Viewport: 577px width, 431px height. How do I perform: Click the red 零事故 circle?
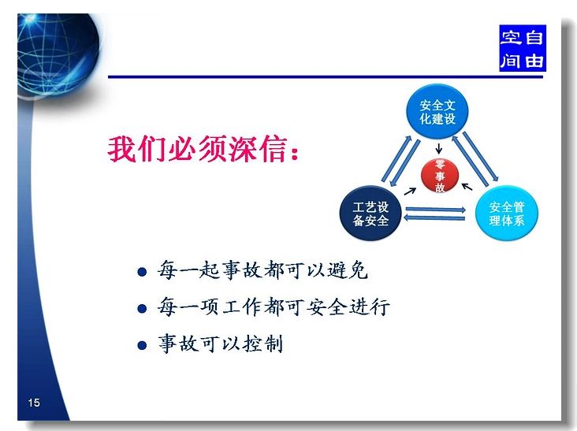tap(440, 176)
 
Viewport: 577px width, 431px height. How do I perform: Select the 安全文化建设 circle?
tap(437, 112)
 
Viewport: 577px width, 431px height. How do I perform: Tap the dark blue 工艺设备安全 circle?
tap(370, 214)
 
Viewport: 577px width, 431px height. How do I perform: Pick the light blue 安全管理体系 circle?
tap(507, 214)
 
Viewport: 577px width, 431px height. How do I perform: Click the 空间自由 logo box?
tap(522, 48)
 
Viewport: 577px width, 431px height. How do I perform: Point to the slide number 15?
tap(34, 403)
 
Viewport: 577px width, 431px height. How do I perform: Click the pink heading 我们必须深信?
tap(203, 149)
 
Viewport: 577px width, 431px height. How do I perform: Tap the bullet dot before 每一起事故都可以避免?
tap(142, 272)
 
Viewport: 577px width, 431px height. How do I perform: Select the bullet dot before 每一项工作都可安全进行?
tap(142, 308)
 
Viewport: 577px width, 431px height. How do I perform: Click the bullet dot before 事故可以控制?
tap(142, 345)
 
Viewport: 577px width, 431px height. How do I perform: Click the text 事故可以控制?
tap(221, 344)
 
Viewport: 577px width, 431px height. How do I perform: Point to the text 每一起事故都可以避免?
tap(262, 270)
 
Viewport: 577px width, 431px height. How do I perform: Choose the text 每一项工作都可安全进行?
tap(274, 307)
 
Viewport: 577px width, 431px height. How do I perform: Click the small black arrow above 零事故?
tap(438, 149)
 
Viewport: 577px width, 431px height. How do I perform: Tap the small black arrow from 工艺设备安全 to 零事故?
tap(410, 191)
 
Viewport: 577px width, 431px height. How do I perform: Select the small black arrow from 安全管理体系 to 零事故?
tap(467, 187)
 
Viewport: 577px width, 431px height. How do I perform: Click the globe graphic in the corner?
tap(58, 55)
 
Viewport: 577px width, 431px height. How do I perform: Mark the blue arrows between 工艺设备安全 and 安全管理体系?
tap(434, 214)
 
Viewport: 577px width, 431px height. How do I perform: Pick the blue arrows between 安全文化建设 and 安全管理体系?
tap(475, 158)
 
